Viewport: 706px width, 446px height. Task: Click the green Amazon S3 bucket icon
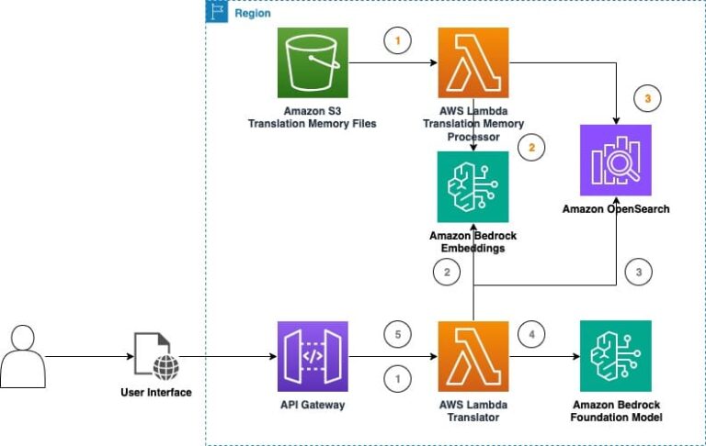pos(313,63)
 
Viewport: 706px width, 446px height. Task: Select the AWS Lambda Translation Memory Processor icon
pos(473,63)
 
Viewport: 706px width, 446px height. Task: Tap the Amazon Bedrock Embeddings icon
pos(473,186)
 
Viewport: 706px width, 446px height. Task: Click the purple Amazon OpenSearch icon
pos(615,160)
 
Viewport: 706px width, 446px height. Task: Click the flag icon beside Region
pos(216,12)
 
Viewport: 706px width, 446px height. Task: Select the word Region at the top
pos(253,14)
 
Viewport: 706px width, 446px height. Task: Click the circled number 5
pos(397,335)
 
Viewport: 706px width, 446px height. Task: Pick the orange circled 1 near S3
pos(397,42)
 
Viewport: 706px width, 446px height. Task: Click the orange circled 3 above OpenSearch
pos(647,98)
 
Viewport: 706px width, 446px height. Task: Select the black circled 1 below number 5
pos(397,377)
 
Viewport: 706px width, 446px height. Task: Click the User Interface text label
pos(156,393)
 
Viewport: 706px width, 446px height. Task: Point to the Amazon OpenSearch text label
pos(615,209)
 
